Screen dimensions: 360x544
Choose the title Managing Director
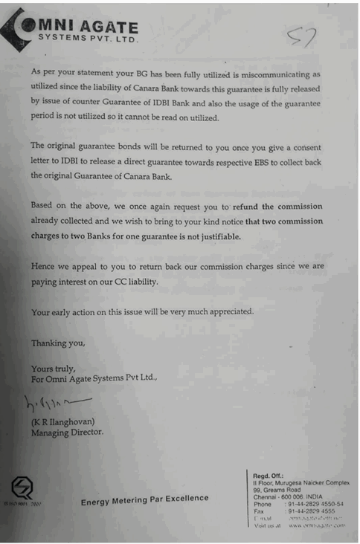(67, 432)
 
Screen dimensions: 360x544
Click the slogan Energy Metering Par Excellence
(144, 499)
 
